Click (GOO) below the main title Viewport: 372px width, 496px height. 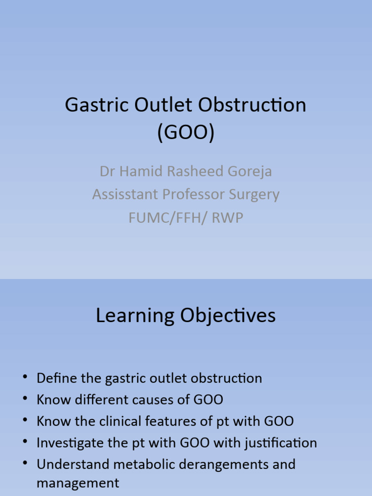(x=186, y=133)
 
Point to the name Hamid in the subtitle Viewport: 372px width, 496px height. (x=143, y=171)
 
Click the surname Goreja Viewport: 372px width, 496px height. (x=248, y=171)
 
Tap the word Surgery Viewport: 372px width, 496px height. (x=255, y=194)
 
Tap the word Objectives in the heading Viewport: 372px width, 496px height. (x=228, y=316)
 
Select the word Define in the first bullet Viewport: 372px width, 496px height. (x=56, y=378)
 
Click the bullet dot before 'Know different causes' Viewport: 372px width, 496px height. (x=25, y=400)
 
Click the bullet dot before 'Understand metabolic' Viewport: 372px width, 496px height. (x=25, y=464)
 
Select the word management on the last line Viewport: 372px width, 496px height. (x=77, y=483)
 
